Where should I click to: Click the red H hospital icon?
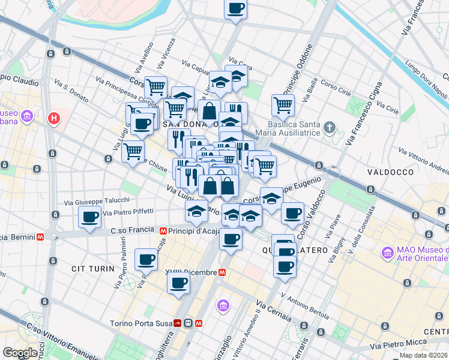pyautogui.click(x=54, y=118)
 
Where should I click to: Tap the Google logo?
pyautogui.click(x=20, y=353)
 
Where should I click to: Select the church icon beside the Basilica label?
pyautogui.click(x=329, y=127)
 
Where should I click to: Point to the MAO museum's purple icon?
pyautogui.click(x=386, y=253)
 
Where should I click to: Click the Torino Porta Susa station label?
pyautogui.click(x=140, y=323)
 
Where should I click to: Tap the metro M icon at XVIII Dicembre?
pyautogui.click(x=222, y=272)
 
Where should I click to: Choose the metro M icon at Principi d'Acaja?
pyautogui.click(x=163, y=230)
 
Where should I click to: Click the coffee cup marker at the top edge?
pyautogui.click(x=236, y=9)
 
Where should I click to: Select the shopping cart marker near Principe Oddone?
pyautogui.click(x=283, y=105)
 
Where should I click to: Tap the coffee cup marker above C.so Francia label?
pyautogui.click(x=90, y=217)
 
